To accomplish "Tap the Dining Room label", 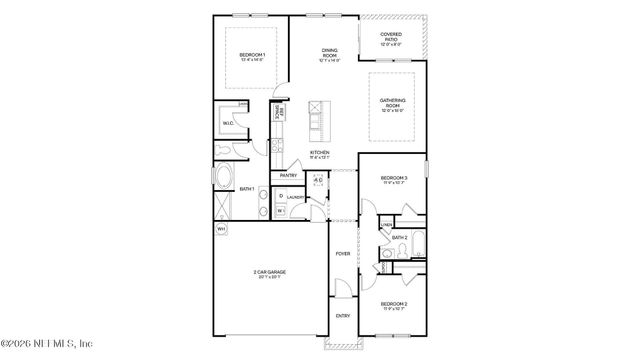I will [x=329, y=53].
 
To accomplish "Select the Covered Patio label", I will [x=391, y=39].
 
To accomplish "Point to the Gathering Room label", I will [x=392, y=107].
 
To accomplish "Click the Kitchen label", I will [x=320, y=154].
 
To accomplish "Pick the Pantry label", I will [x=289, y=176].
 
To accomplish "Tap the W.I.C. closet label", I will [x=228, y=124].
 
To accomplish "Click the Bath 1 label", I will [x=246, y=189].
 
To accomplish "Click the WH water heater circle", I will [x=221, y=229].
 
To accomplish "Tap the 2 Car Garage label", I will [x=267, y=274].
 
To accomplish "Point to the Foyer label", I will [x=342, y=255].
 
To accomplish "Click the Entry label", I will [x=343, y=315].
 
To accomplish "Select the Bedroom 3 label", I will [x=392, y=180].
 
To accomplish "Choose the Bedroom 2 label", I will [x=392, y=304].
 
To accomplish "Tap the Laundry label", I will [x=295, y=198].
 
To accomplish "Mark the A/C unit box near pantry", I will [x=318, y=182].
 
